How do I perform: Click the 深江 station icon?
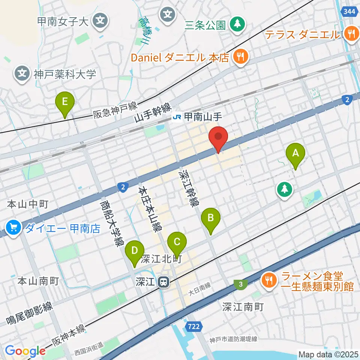click(x=163, y=282)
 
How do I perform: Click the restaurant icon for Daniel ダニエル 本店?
click(x=239, y=57)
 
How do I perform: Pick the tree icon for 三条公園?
click(x=237, y=24)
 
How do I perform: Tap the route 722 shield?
click(x=193, y=327)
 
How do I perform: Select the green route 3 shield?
click(x=240, y=285)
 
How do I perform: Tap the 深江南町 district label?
click(x=243, y=307)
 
